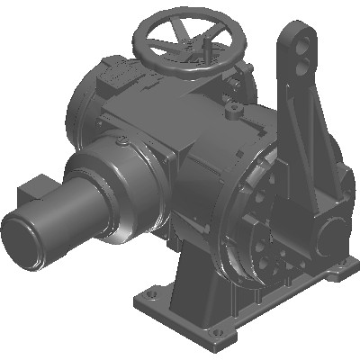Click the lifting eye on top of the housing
[x=234, y=111]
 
